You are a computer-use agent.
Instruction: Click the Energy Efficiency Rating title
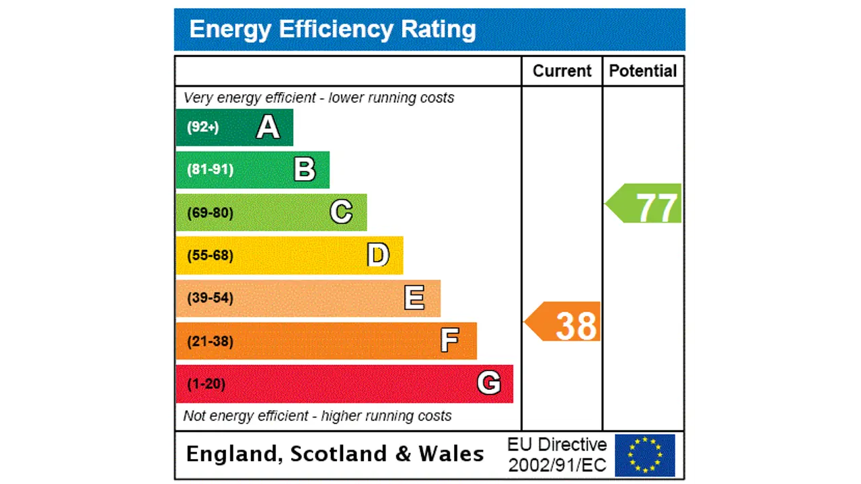(x=332, y=30)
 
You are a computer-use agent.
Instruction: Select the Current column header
(x=562, y=71)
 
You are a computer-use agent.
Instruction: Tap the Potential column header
(x=642, y=71)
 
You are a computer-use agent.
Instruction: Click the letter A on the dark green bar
(x=268, y=127)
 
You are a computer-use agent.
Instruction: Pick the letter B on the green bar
(x=305, y=169)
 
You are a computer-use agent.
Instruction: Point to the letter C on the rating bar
(x=341, y=212)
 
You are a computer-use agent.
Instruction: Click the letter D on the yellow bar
(x=378, y=255)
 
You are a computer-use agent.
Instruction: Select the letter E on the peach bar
(x=414, y=298)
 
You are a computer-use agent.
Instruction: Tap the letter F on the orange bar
(x=449, y=341)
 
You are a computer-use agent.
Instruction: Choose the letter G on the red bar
(x=489, y=383)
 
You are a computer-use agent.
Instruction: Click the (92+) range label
(x=202, y=127)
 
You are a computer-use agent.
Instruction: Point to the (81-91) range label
(x=210, y=169)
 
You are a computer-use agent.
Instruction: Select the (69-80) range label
(x=210, y=213)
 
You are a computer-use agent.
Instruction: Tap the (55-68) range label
(x=210, y=255)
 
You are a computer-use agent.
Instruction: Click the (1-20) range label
(x=206, y=384)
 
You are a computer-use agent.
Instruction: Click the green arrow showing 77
(x=645, y=204)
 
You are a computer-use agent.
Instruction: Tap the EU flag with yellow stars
(x=644, y=455)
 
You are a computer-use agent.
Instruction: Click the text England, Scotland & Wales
(x=334, y=454)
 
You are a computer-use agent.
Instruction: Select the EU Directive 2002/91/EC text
(x=556, y=454)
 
